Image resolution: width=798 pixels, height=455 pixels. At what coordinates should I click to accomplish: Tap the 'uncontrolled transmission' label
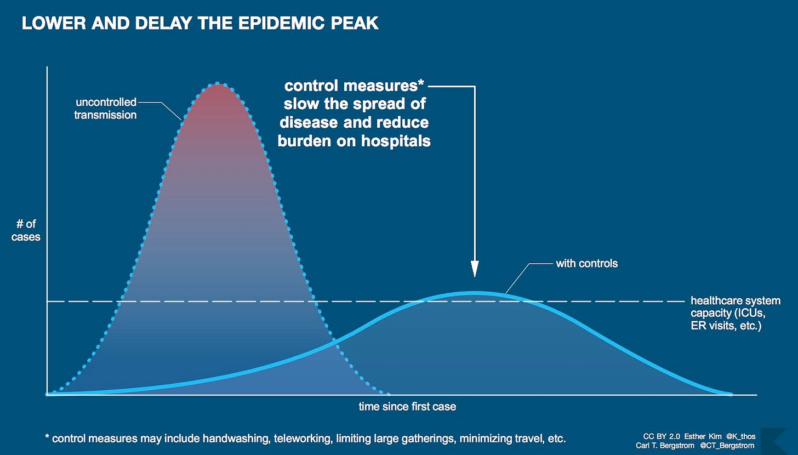pyautogui.click(x=105, y=109)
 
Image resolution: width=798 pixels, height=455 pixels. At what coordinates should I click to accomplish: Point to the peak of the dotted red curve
pyautogui.click(x=218, y=84)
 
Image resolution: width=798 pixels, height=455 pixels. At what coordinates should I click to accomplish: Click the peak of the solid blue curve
pyautogui.click(x=475, y=293)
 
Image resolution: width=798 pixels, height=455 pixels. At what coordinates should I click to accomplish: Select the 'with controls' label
pyautogui.click(x=586, y=264)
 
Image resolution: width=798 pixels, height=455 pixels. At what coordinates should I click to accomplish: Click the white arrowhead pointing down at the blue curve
pyautogui.click(x=475, y=269)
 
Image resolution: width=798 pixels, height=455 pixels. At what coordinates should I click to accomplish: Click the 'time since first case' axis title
pyautogui.click(x=407, y=407)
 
